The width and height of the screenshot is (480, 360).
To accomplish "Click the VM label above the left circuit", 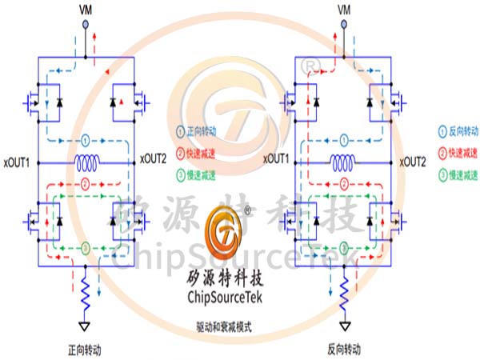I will pos(86,10).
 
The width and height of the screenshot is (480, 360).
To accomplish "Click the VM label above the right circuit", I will pos(344,10).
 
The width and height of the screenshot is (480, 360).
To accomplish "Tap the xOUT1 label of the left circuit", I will pos(17,162).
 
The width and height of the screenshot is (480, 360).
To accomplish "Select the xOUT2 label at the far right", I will pos(414,162).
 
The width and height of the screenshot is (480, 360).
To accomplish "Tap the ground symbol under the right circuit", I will pos(344,326).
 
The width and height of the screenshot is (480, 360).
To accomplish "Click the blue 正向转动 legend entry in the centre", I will pos(199,129).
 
